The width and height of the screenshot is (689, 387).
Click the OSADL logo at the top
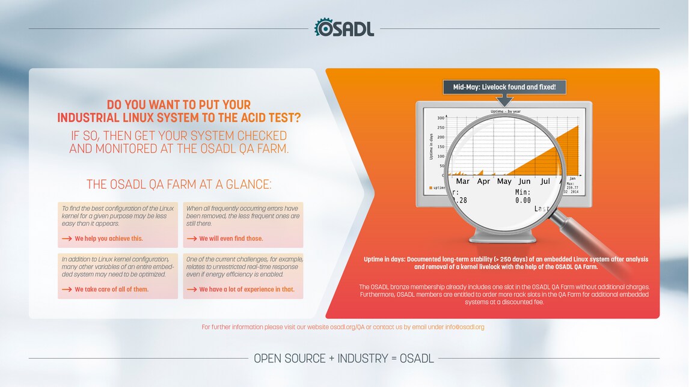pos(344,28)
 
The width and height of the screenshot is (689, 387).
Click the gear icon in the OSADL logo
pos(323,28)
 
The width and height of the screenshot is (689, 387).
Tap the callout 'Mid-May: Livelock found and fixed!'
pos(504,87)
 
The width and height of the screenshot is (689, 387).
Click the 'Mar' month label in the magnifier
pos(462,181)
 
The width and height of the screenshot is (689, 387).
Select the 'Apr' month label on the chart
pos(483,181)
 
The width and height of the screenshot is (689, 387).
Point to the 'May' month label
pos(504,181)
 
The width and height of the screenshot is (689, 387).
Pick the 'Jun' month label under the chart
pos(525,181)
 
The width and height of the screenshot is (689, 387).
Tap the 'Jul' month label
pos(545,181)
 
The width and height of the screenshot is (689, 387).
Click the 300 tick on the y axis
pos(441,118)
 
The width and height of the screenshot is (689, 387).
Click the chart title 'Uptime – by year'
pos(506,112)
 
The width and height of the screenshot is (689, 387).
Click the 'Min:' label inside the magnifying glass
pos(522,192)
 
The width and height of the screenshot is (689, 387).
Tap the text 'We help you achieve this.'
pos(109,239)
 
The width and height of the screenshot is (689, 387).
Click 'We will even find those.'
pos(231,239)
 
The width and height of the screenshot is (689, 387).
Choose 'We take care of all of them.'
pos(111,289)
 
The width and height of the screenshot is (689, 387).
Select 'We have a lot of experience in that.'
pos(247,289)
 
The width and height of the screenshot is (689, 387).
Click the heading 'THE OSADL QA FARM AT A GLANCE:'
pos(179,184)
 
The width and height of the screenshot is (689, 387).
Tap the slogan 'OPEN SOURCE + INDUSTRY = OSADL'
pos(344,358)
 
